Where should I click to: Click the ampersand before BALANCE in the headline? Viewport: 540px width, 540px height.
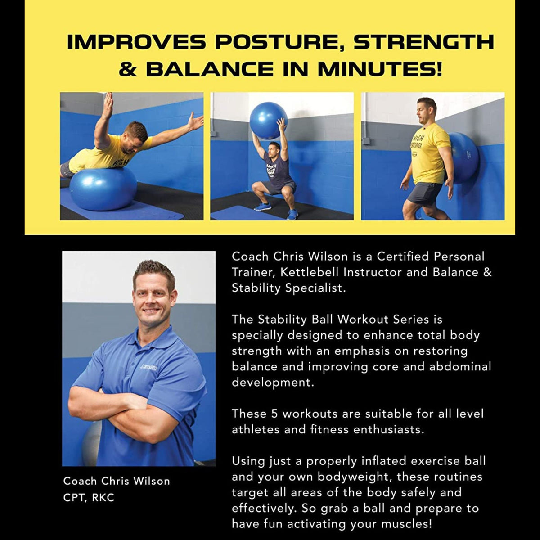point(128,69)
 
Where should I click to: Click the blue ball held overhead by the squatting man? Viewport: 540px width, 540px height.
point(269,120)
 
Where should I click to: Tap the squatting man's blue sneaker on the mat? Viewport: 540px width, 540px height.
point(263,207)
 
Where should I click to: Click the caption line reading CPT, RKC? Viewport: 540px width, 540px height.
point(89,497)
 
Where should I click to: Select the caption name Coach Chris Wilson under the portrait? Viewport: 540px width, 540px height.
point(117,481)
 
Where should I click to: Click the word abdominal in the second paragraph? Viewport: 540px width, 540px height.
point(460,367)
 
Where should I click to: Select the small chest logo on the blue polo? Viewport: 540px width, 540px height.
point(148,367)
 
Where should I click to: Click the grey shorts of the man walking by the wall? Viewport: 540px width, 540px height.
point(423,193)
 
